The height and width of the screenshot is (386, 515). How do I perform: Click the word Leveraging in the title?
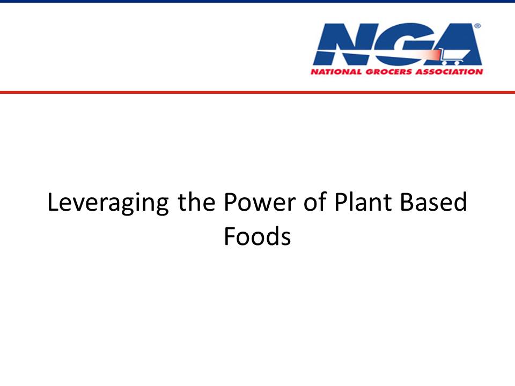point(108,203)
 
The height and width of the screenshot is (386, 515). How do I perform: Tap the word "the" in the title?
point(197,202)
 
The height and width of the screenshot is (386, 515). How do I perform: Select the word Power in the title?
point(260,202)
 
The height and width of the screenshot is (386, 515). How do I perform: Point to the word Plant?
point(363,202)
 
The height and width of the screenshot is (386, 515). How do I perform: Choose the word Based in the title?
point(433,202)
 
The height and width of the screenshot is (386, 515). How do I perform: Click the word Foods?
point(257,236)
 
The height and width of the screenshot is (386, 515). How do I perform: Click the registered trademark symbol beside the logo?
point(477,26)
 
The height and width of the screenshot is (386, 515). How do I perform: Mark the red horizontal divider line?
point(257,92)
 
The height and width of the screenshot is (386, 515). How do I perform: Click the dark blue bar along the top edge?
point(257,1)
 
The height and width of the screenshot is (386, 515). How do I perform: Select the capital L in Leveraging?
point(53,202)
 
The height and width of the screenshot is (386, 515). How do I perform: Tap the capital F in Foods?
point(230,236)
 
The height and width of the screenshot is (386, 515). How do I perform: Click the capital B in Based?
point(407,202)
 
